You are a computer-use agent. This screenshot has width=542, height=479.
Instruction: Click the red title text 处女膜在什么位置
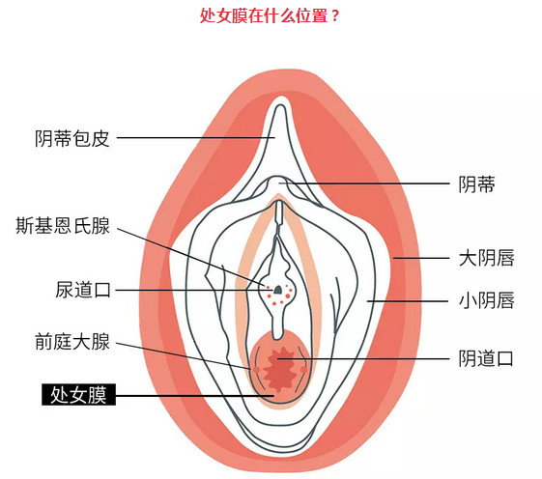[264, 15]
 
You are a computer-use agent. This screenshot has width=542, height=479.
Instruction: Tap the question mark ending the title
[334, 16]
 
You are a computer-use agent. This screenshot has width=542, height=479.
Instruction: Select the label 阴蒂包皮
[71, 139]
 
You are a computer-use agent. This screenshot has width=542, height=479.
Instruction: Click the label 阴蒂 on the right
[476, 184]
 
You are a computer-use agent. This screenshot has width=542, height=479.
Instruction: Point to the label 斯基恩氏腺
[63, 226]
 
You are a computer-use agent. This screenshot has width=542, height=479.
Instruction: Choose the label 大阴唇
[486, 258]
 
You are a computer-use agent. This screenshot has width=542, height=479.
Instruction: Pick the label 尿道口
[83, 290]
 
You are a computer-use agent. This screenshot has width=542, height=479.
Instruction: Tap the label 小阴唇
[486, 300]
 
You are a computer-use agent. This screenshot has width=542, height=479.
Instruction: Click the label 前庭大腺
[71, 342]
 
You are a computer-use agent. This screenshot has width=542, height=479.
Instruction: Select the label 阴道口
[485, 358]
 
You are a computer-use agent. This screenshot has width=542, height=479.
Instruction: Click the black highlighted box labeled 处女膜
[78, 394]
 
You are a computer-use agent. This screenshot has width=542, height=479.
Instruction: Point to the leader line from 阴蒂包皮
[196, 138]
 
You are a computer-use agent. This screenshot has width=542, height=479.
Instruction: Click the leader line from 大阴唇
[421, 258]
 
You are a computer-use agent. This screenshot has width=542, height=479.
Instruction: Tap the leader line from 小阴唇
[408, 301]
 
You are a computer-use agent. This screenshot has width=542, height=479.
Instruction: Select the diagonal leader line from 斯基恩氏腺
[190, 257]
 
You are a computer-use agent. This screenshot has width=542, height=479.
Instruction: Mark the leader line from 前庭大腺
[184, 356]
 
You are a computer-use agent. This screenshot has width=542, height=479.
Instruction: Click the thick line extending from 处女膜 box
[194, 396]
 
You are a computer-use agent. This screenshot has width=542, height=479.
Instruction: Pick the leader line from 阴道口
[363, 359]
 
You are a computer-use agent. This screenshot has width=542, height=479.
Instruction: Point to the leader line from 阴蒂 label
[364, 183]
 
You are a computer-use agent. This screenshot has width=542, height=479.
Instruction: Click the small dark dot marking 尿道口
[277, 289]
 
